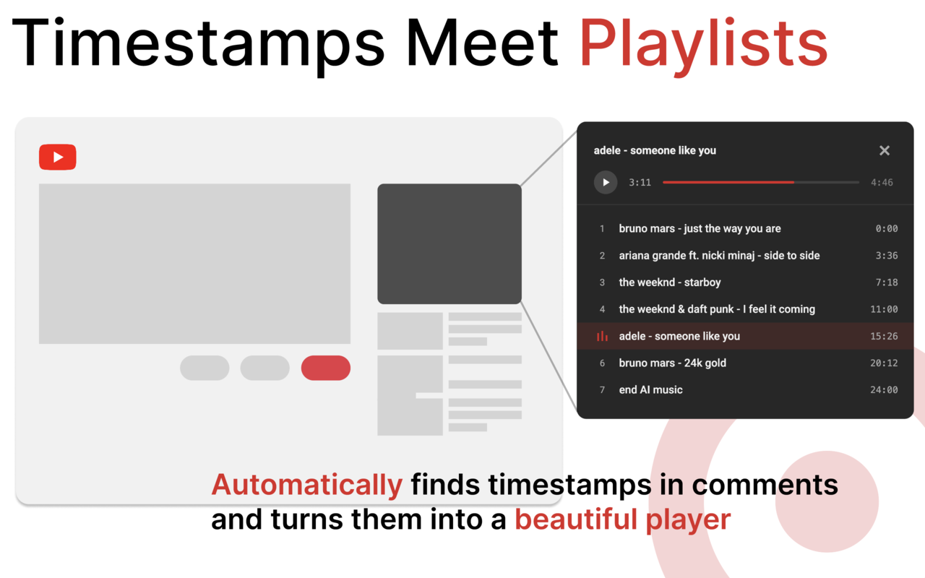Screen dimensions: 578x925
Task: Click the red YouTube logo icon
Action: click(x=58, y=158)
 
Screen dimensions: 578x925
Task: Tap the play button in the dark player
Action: click(x=606, y=182)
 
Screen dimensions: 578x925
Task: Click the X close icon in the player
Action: click(x=884, y=150)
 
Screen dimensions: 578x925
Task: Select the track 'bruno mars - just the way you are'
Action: click(x=700, y=228)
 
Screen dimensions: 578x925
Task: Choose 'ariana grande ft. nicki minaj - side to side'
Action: click(x=719, y=255)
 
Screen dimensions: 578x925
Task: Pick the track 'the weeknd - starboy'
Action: click(x=670, y=282)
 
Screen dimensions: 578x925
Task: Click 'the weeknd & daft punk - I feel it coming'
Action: click(x=717, y=309)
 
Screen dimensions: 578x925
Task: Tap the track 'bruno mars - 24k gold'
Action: click(x=672, y=363)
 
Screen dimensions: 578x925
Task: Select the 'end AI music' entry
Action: click(x=650, y=389)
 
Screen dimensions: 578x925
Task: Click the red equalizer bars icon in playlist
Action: click(x=602, y=336)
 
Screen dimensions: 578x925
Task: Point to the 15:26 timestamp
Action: click(x=884, y=336)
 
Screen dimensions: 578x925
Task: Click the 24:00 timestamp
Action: click(x=884, y=389)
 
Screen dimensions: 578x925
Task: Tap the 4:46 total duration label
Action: click(x=882, y=182)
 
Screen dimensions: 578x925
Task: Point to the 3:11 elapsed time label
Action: click(x=640, y=182)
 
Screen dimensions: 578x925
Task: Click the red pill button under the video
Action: click(x=325, y=368)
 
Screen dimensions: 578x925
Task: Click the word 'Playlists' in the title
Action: click(x=703, y=43)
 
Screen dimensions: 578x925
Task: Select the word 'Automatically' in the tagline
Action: click(x=306, y=485)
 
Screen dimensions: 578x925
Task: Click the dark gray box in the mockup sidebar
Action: click(x=449, y=243)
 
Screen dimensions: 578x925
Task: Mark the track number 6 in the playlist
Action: click(x=602, y=363)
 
